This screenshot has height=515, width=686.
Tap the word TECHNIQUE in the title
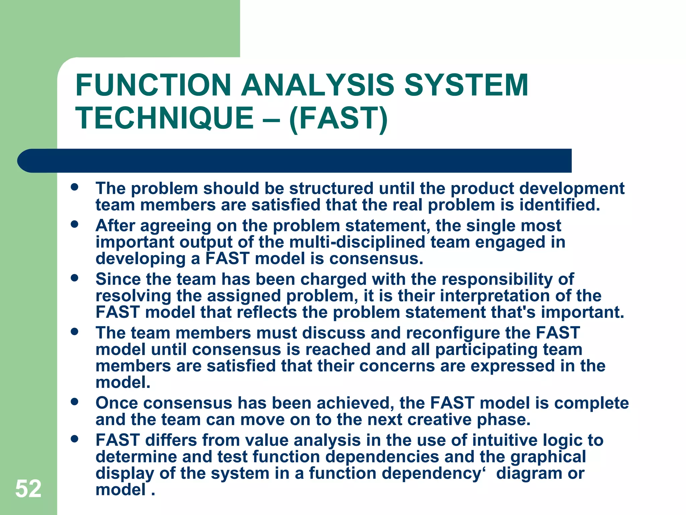pyautogui.click(x=164, y=118)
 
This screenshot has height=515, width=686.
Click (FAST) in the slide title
pyautogui.click(x=338, y=118)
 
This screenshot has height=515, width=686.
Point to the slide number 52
pyautogui.click(x=28, y=489)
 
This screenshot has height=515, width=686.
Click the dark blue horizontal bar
pyautogui.click(x=295, y=161)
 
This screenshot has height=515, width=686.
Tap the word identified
pyautogui.click(x=559, y=205)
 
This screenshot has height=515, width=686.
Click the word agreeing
pyautogui.click(x=176, y=226)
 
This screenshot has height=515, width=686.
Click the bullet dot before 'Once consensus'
pyautogui.click(x=75, y=401)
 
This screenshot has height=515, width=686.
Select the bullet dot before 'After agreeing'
pyautogui.click(x=75, y=224)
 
